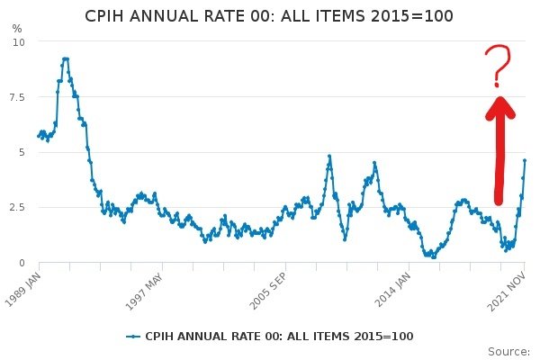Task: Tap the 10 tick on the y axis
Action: coord(19,42)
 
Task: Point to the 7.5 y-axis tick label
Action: coord(17,97)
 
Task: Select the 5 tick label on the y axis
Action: coord(22,152)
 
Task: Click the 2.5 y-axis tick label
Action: coord(17,207)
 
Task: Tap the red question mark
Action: coord(497,65)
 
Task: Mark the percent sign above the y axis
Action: coord(17,28)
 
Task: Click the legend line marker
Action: coord(134,336)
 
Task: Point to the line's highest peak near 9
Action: coord(65,59)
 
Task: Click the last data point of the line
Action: coord(525,161)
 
